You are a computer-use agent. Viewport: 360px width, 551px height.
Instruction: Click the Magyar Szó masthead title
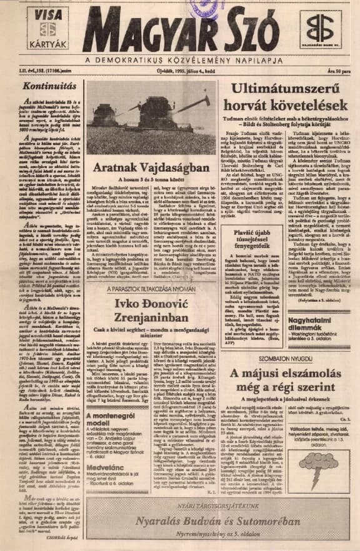(x=181, y=30)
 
